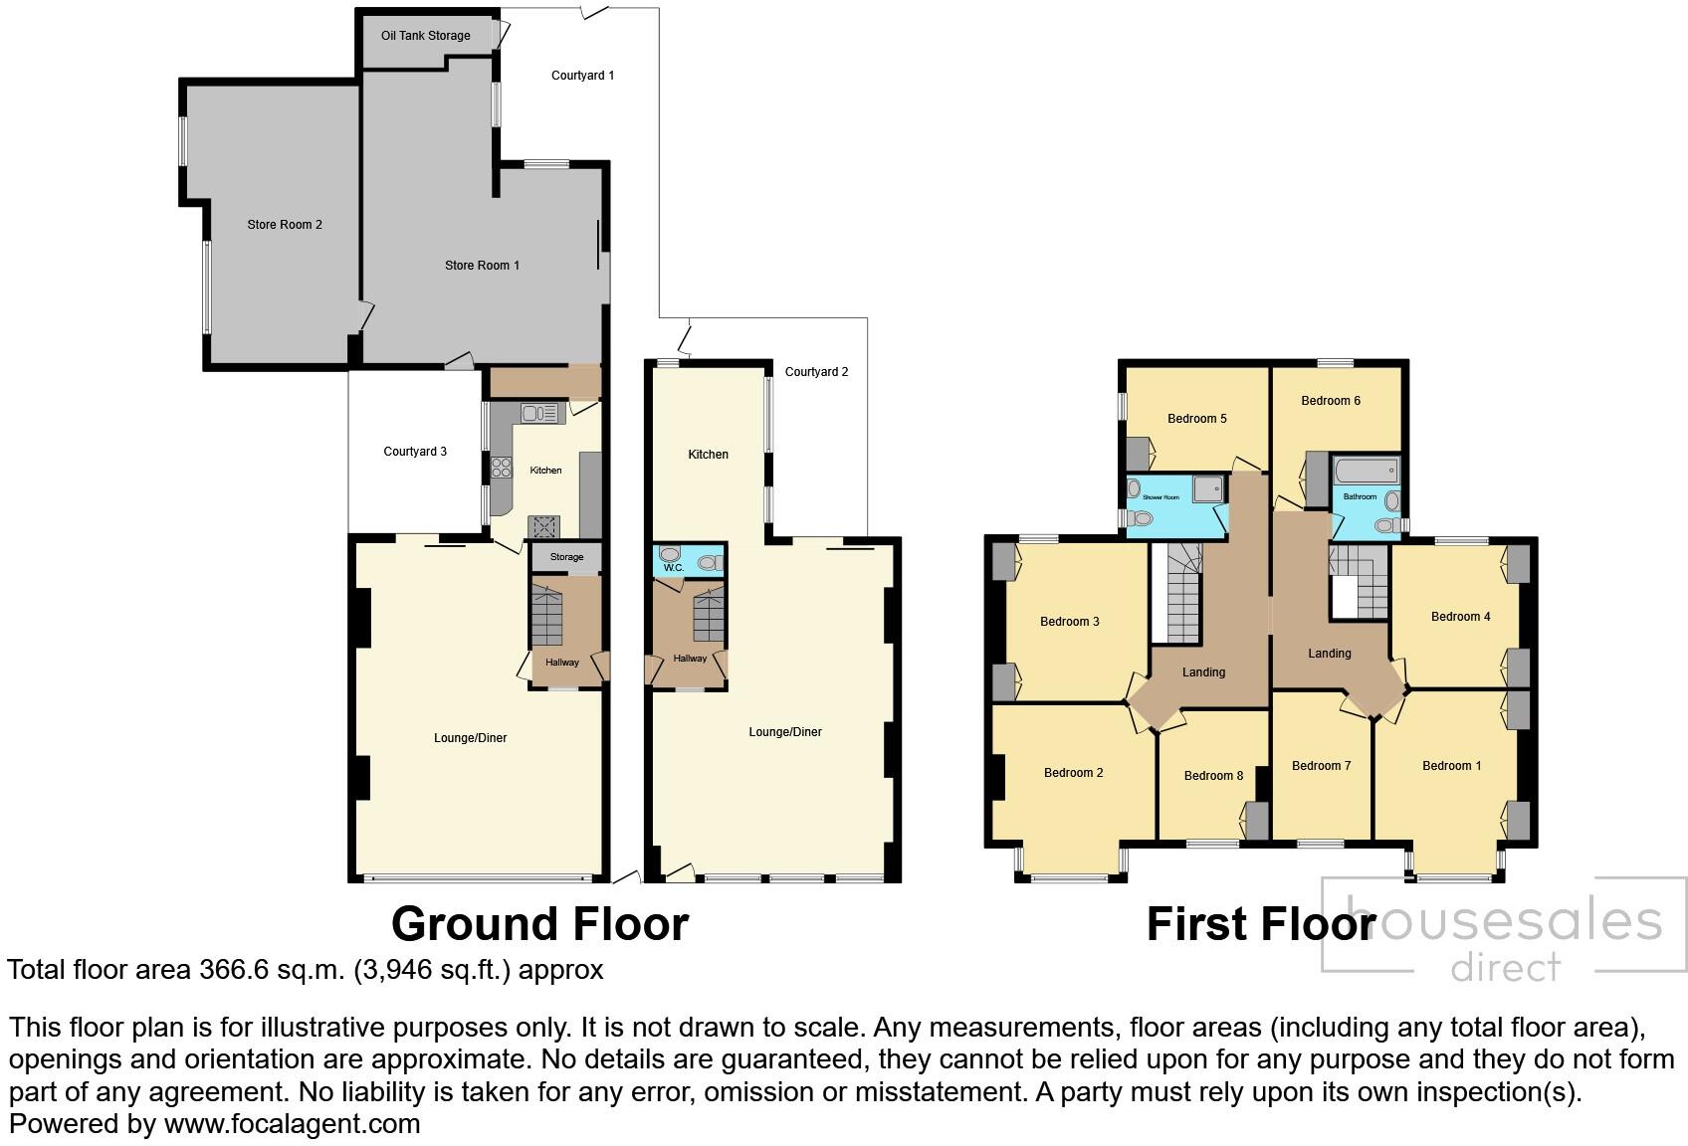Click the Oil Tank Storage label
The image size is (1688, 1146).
pos(425,36)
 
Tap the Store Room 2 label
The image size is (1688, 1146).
pos(285,225)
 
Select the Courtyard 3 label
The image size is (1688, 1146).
pos(415,452)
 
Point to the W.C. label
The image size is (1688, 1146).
pos(673,568)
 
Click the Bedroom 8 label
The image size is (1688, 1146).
pos(1213,776)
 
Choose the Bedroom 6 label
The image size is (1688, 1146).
pos(1331,401)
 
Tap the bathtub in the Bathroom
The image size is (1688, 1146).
pos(1365,472)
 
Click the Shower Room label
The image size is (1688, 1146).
pos(1160,497)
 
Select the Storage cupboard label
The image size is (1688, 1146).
pos(566,557)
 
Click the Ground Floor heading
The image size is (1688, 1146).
pos(539,924)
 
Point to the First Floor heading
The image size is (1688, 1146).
pos(1261,924)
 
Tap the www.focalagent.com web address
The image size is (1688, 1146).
pos(292,1125)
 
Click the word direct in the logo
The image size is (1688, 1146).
pos(1506,966)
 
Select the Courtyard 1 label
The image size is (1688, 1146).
pos(582,76)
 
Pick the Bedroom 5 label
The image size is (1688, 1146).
pos(1196,419)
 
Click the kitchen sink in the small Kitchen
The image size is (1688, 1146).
pos(535,413)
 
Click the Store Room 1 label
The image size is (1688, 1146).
pos(482,266)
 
